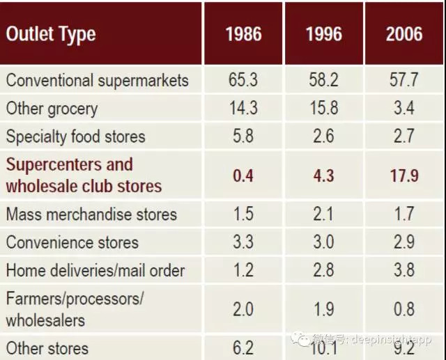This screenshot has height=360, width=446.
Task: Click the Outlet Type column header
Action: click(x=51, y=34)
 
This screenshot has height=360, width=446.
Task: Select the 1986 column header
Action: click(x=243, y=34)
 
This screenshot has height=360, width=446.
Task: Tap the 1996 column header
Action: click(x=323, y=34)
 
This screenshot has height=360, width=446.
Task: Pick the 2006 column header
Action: click(x=404, y=34)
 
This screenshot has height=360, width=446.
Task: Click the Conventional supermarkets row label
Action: click(x=98, y=80)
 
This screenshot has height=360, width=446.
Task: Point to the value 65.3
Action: click(x=243, y=80)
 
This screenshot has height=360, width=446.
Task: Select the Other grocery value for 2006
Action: click(x=404, y=109)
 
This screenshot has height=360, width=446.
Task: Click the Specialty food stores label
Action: click(x=76, y=136)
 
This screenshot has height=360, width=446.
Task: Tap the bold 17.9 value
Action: click(x=404, y=175)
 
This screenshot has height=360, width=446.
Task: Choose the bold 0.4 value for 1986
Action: click(x=243, y=175)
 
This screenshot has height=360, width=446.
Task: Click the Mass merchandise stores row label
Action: click(x=92, y=214)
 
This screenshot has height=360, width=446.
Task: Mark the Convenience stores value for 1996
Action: click(x=323, y=242)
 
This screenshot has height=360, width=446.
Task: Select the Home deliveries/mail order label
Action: click(x=95, y=270)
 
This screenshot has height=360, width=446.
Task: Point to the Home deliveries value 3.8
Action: click(x=404, y=270)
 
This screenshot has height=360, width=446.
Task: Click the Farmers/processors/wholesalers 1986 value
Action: click(x=243, y=309)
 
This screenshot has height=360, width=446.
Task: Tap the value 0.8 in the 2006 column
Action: click(x=404, y=309)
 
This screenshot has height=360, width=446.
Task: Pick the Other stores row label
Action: click(x=47, y=348)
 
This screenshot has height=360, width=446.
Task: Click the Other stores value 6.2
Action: click(x=243, y=348)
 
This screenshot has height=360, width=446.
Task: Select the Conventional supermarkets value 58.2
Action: click(x=323, y=80)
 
